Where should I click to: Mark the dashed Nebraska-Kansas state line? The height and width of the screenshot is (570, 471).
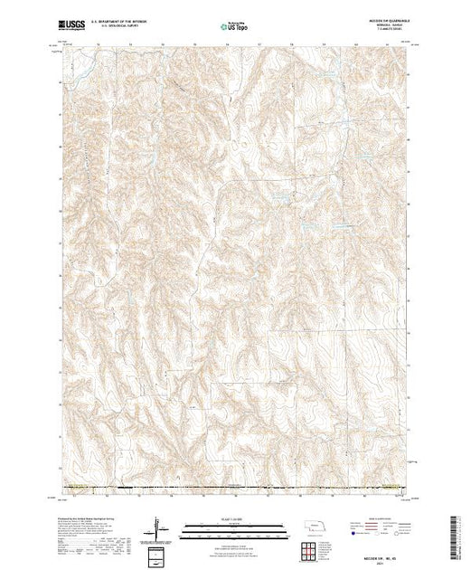(x=235, y=489)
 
